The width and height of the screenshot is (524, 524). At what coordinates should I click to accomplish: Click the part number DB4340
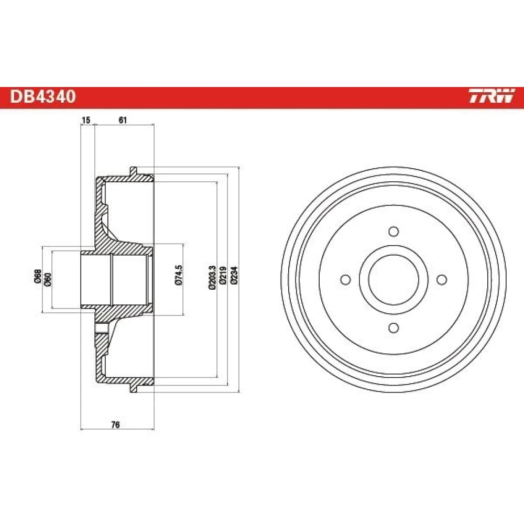click(43, 96)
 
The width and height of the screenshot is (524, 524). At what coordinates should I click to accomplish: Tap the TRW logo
click(492, 96)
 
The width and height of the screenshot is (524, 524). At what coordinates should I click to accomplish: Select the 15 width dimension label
click(86, 120)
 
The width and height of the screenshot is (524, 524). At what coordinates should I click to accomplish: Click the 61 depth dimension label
click(123, 120)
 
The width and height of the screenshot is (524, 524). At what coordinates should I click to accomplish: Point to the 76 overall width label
click(115, 425)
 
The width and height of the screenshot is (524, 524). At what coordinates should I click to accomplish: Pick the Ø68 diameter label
click(38, 276)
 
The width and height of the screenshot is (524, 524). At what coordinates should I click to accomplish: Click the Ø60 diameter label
click(48, 279)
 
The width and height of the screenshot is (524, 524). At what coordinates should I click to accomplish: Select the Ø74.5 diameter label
click(179, 275)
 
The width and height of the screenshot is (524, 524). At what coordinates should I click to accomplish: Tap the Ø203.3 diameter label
click(212, 277)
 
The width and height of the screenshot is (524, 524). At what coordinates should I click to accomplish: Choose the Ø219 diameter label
click(223, 276)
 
